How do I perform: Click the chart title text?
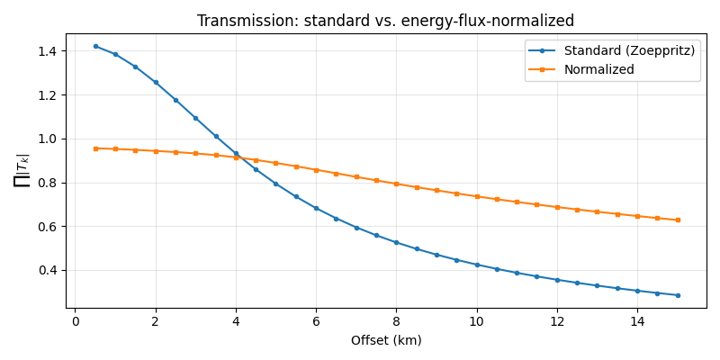tap(385, 21)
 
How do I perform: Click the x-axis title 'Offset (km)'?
tap(385, 340)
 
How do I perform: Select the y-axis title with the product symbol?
tap(22, 170)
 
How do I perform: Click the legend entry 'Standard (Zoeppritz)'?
tap(629, 50)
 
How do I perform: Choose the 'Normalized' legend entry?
tap(598, 69)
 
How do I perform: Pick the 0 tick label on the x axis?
tap(76, 322)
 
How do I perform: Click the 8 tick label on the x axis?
tap(396, 322)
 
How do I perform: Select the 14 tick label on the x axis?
tap(637, 322)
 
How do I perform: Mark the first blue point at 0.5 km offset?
tap(95, 46)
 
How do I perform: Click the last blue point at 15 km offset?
tap(678, 295)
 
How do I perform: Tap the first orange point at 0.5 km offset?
tap(95, 148)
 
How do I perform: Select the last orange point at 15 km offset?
tap(678, 220)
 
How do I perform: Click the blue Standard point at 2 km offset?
tap(156, 83)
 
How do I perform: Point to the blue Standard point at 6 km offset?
tap(316, 208)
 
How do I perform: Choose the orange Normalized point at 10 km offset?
tap(477, 196)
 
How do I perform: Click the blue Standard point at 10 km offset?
tap(477, 265)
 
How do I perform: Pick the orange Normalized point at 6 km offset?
tap(316, 169)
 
